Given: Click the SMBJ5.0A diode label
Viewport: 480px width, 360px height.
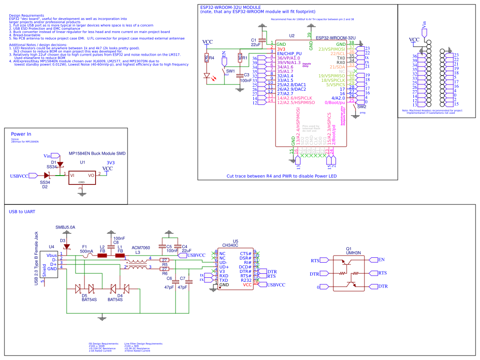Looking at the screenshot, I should [65, 228].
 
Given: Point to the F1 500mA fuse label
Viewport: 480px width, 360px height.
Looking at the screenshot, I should [86, 249].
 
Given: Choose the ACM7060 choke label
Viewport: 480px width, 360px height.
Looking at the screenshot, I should [141, 248].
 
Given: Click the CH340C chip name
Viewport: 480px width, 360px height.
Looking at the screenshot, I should [230, 245].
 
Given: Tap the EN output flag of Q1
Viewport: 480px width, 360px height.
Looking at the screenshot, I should [381, 260].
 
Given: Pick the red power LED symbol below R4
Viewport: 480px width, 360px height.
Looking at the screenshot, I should [207, 76].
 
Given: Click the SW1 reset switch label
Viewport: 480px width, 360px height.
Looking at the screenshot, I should [230, 71].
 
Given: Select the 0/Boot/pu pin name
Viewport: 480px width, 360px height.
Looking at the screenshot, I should [335, 102].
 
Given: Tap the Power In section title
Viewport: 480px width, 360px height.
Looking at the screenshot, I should [21, 134].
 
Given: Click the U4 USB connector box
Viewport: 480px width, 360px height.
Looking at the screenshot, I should [52, 265].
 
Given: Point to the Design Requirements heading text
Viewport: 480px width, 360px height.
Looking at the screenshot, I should [26, 16].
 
